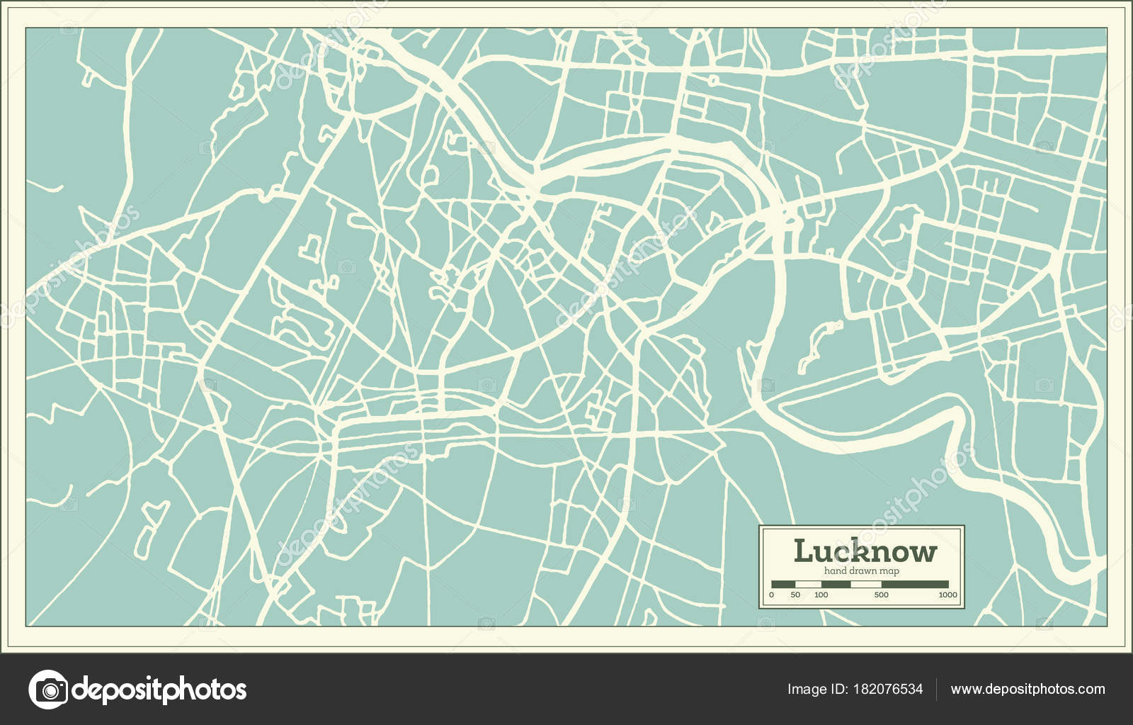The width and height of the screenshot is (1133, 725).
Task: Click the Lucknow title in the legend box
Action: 865,551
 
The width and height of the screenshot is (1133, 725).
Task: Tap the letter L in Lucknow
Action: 803,551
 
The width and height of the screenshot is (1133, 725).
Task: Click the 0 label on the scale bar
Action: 772,595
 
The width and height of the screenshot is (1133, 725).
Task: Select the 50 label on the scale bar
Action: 795,595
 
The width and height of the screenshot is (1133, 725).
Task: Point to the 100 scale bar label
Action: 821,595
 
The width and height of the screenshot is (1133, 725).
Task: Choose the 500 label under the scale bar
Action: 881,595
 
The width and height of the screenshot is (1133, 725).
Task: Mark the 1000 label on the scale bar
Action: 947,595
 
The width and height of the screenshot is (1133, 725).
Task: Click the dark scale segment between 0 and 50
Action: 783,585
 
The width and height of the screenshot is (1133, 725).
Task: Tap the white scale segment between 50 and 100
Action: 808,585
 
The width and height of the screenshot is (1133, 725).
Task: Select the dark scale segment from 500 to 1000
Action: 914,585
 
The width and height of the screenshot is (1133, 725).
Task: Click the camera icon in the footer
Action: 47,689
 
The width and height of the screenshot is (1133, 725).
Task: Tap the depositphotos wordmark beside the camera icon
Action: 159,690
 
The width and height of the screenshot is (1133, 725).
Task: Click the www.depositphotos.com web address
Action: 1027,690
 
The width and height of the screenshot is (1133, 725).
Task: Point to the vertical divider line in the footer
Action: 937,690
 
